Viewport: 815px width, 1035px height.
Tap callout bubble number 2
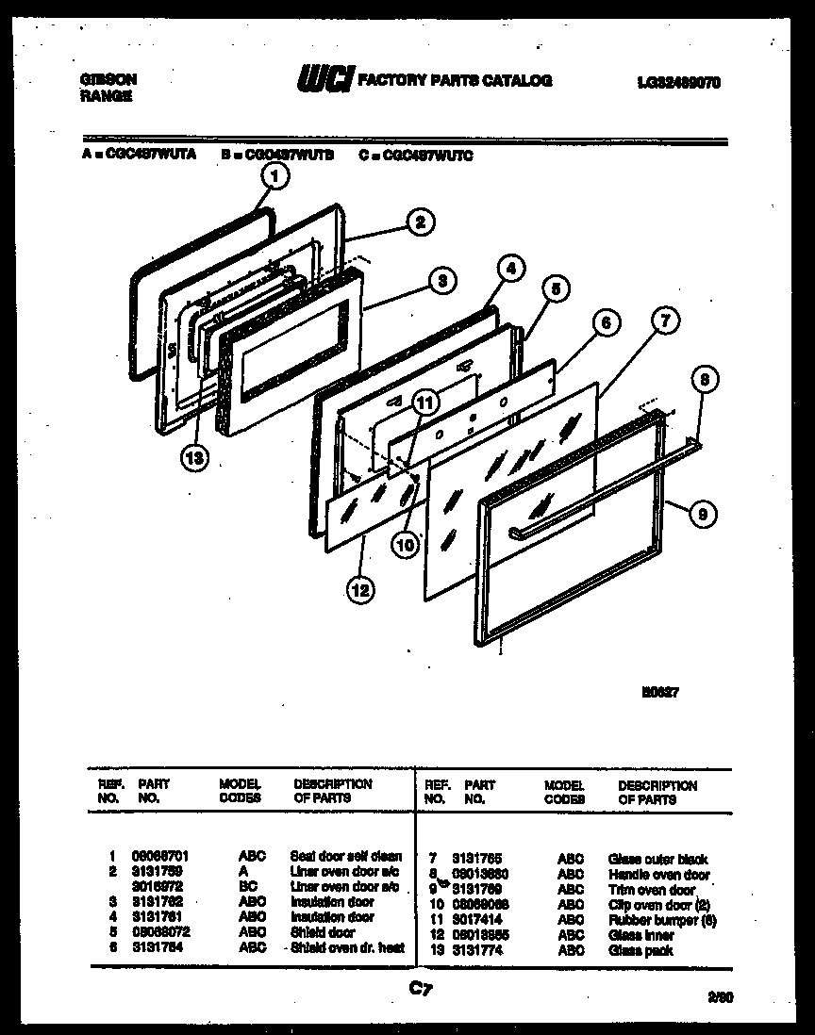(420, 222)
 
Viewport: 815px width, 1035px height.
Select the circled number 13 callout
(195, 456)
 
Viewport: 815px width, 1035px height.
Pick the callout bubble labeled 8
(704, 381)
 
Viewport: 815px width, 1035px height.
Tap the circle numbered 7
(665, 321)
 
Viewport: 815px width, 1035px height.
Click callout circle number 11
(425, 402)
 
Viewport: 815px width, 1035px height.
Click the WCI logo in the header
(323, 81)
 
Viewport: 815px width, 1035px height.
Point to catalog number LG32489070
(678, 82)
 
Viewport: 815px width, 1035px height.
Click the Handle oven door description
(658, 875)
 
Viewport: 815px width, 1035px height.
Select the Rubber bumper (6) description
(662, 920)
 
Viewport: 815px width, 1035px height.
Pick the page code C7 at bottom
(420, 989)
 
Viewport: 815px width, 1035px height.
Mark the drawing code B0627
(661, 691)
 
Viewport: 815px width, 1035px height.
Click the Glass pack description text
(641, 950)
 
